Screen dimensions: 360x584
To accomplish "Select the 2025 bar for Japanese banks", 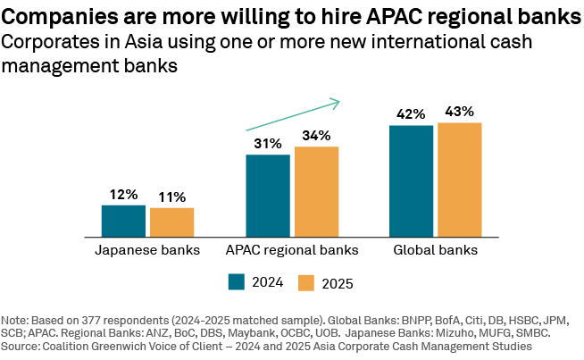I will (x=171, y=222).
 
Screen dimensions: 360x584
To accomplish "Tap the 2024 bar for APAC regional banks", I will (x=268, y=195).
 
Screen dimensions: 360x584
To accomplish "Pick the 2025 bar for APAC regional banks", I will (x=316, y=191).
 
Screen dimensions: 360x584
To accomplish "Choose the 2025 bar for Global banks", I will (x=460, y=179).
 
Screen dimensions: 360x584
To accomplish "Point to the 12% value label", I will (x=123, y=194).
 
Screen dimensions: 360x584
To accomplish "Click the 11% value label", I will (x=171, y=197).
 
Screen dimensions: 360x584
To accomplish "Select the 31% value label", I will (x=268, y=144).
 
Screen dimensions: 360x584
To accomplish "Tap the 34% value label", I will (x=316, y=136).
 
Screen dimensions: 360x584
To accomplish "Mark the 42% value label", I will (x=412, y=114).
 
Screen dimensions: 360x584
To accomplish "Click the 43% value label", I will (x=460, y=112).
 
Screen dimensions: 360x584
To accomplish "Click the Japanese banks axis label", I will (x=147, y=250).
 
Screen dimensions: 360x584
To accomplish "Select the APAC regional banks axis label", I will (x=292, y=250).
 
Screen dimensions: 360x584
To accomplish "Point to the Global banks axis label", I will (x=436, y=250).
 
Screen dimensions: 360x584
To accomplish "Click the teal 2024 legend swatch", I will (x=237, y=282).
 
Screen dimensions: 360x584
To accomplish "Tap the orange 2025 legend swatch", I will (x=305, y=282).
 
